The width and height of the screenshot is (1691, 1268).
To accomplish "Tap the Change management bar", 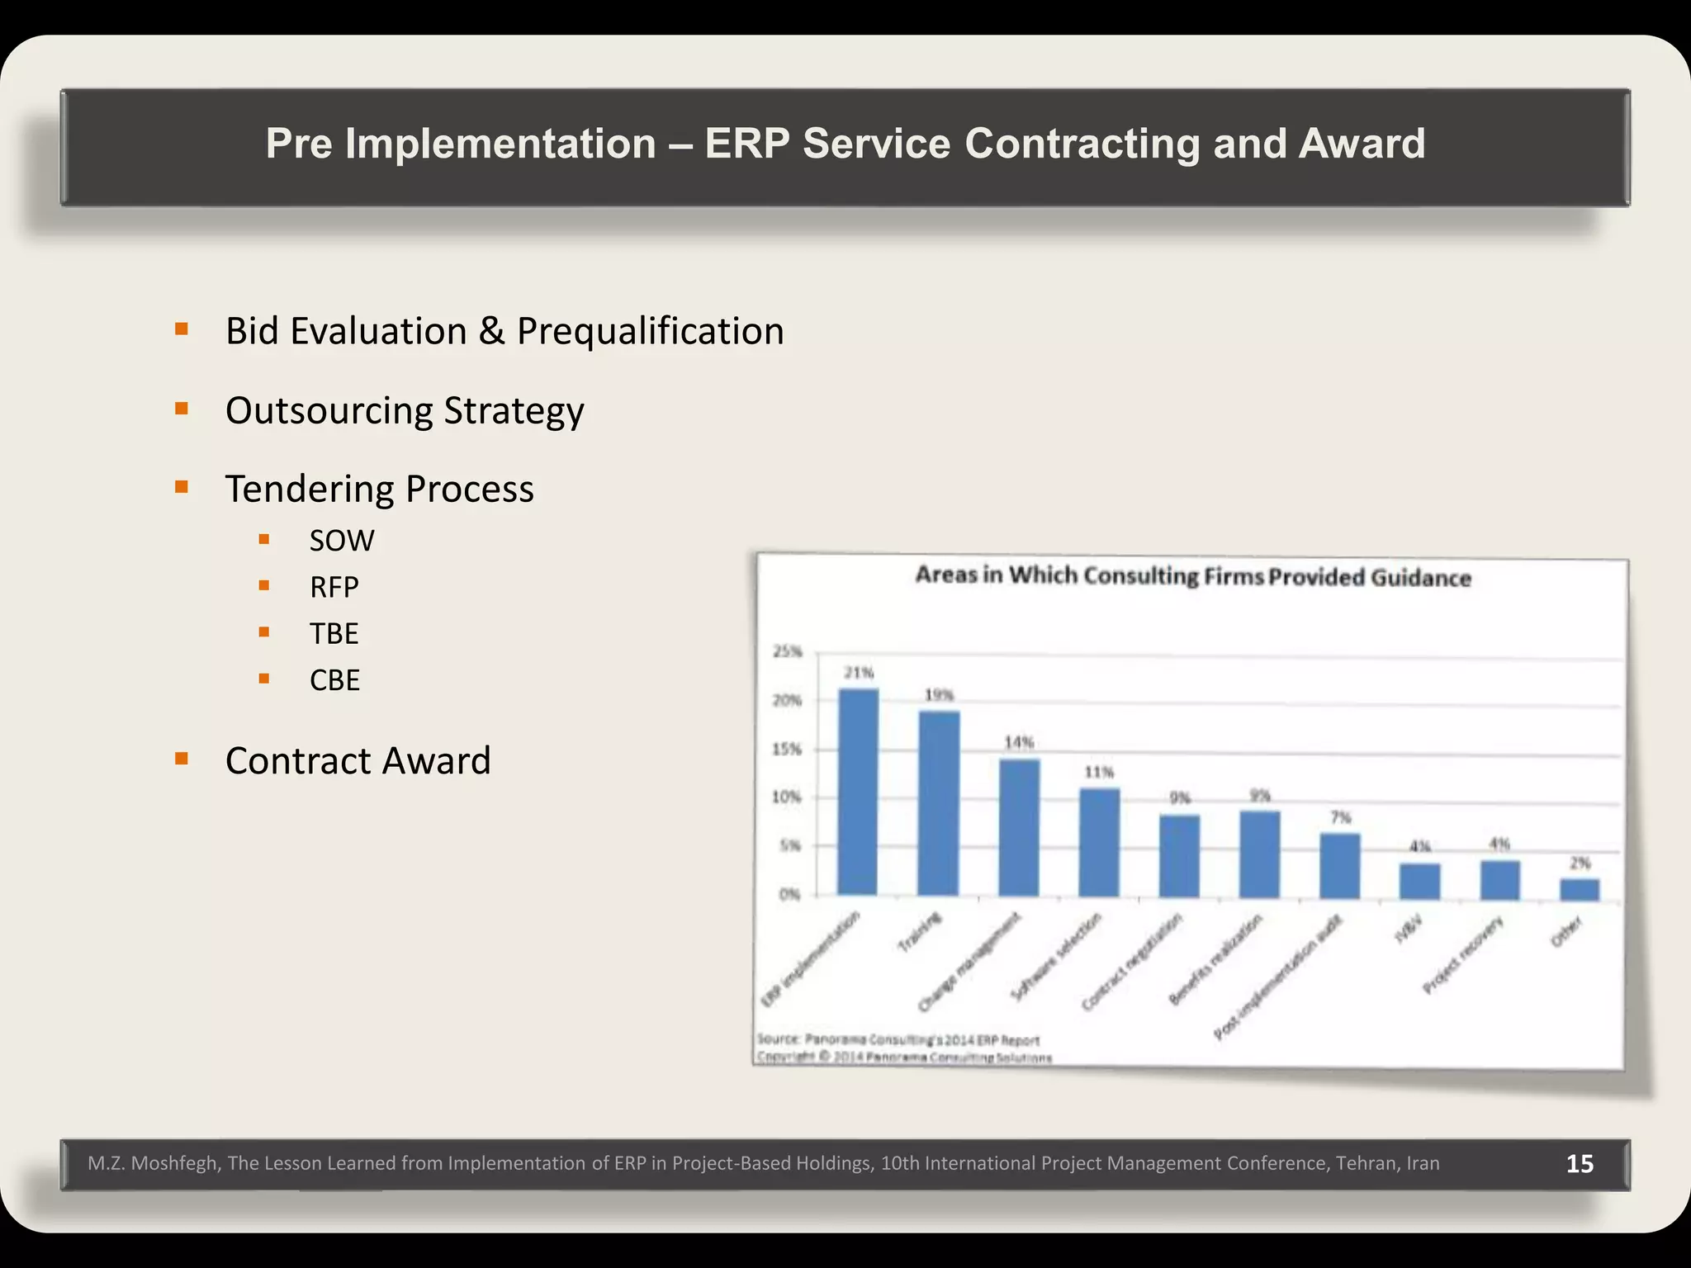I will click(1019, 827).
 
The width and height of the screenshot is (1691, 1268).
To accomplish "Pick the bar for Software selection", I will click(1099, 842).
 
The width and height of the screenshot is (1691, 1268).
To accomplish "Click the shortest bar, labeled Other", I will click(1579, 890).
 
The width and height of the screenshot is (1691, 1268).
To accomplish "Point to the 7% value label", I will click(1340, 817).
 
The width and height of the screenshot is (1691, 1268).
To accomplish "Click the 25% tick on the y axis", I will click(787, 651).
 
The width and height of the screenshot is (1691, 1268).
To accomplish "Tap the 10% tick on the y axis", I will click(787, 797).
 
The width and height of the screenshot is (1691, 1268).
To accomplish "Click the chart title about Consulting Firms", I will click(1192, 575).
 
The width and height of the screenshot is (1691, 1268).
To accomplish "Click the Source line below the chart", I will click(898, 1039).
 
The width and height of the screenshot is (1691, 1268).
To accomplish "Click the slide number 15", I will click(1580, 1164).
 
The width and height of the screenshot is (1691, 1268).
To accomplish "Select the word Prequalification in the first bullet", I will click(650, 332).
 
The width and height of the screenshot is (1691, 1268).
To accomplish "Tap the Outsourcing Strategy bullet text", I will click(405, 411).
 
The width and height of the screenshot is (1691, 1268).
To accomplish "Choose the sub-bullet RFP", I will click(334, 588).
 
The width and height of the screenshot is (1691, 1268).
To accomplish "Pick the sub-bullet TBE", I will click(334, 634).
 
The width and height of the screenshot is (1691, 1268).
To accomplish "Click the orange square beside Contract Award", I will click(182, 758).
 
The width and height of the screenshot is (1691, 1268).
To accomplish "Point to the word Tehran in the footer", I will click(1367, 1164).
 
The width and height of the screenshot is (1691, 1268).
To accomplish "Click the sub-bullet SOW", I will click(341, 541).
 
